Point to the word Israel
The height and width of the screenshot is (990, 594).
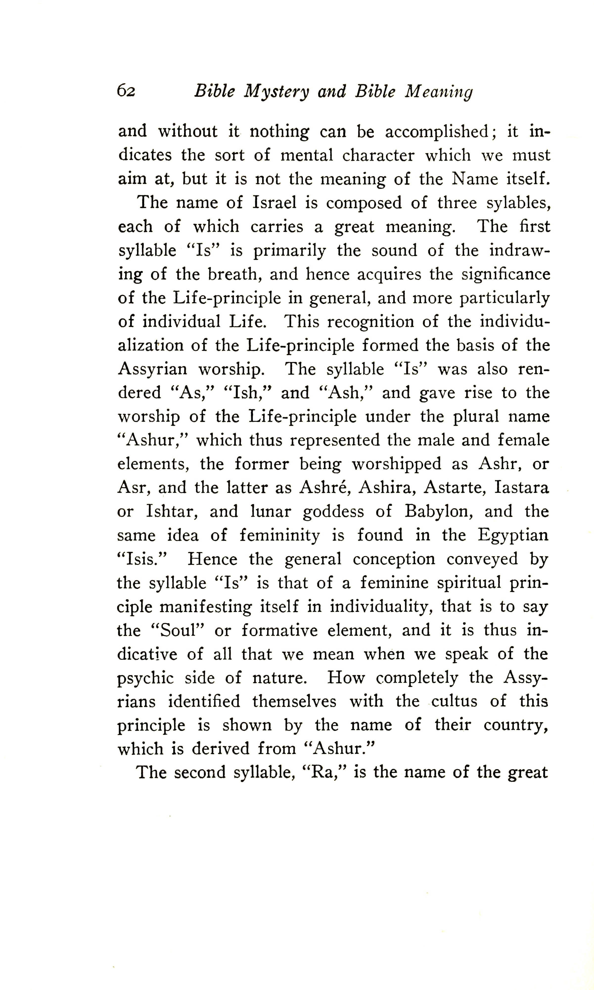274,203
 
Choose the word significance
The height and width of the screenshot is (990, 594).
505,274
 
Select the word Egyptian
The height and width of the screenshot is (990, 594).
513,536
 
